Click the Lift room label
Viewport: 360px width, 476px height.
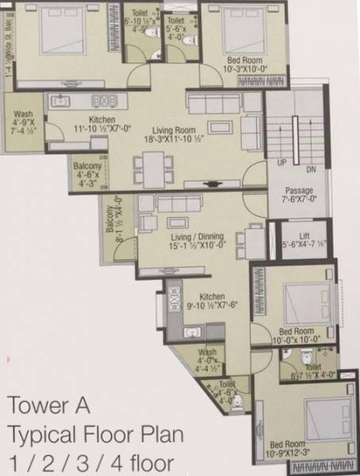click(293, 236)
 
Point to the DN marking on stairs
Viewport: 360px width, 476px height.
click(311, 169)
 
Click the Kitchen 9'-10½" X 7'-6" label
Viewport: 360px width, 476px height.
click(212, 297)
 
